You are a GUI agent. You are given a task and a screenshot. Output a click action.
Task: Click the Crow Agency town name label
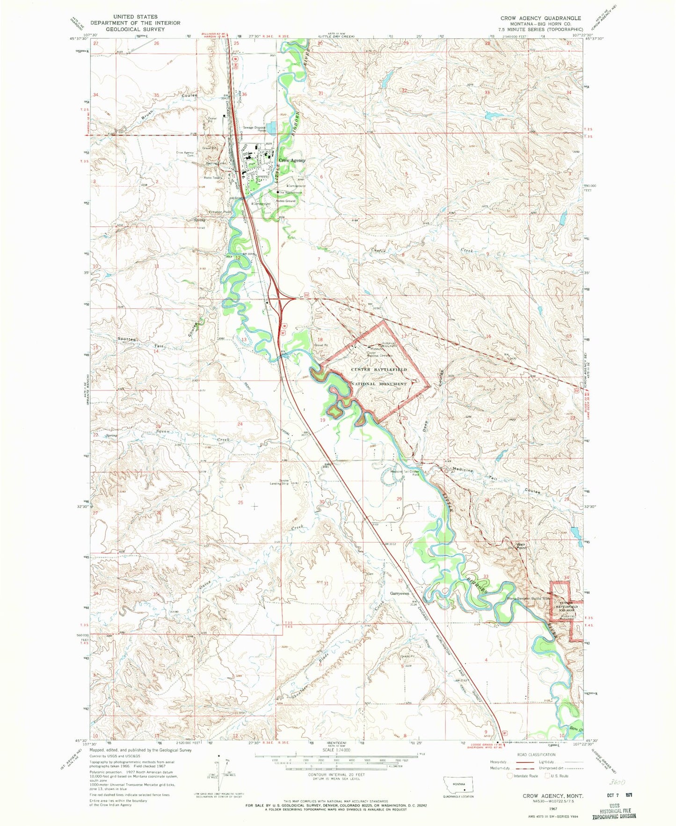pyautogui.click(x=292, y=160)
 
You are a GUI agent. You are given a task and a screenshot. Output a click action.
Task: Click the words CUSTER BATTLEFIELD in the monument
pyautogui.click(x=379, y=370)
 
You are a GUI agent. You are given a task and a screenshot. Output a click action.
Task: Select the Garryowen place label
pyautogui.click(x=400, y=594)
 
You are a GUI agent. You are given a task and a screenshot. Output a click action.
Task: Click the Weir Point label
pyautogui.click(x=522, y=546)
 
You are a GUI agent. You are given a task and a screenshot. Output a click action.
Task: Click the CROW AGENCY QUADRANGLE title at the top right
pyautogui.click(x=540, y=18)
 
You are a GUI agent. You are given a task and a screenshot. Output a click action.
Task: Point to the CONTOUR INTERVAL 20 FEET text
pyautogui.click(x=336, y=775)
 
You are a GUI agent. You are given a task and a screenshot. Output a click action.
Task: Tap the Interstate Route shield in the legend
pyautogui.click(x=509, y=775)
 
